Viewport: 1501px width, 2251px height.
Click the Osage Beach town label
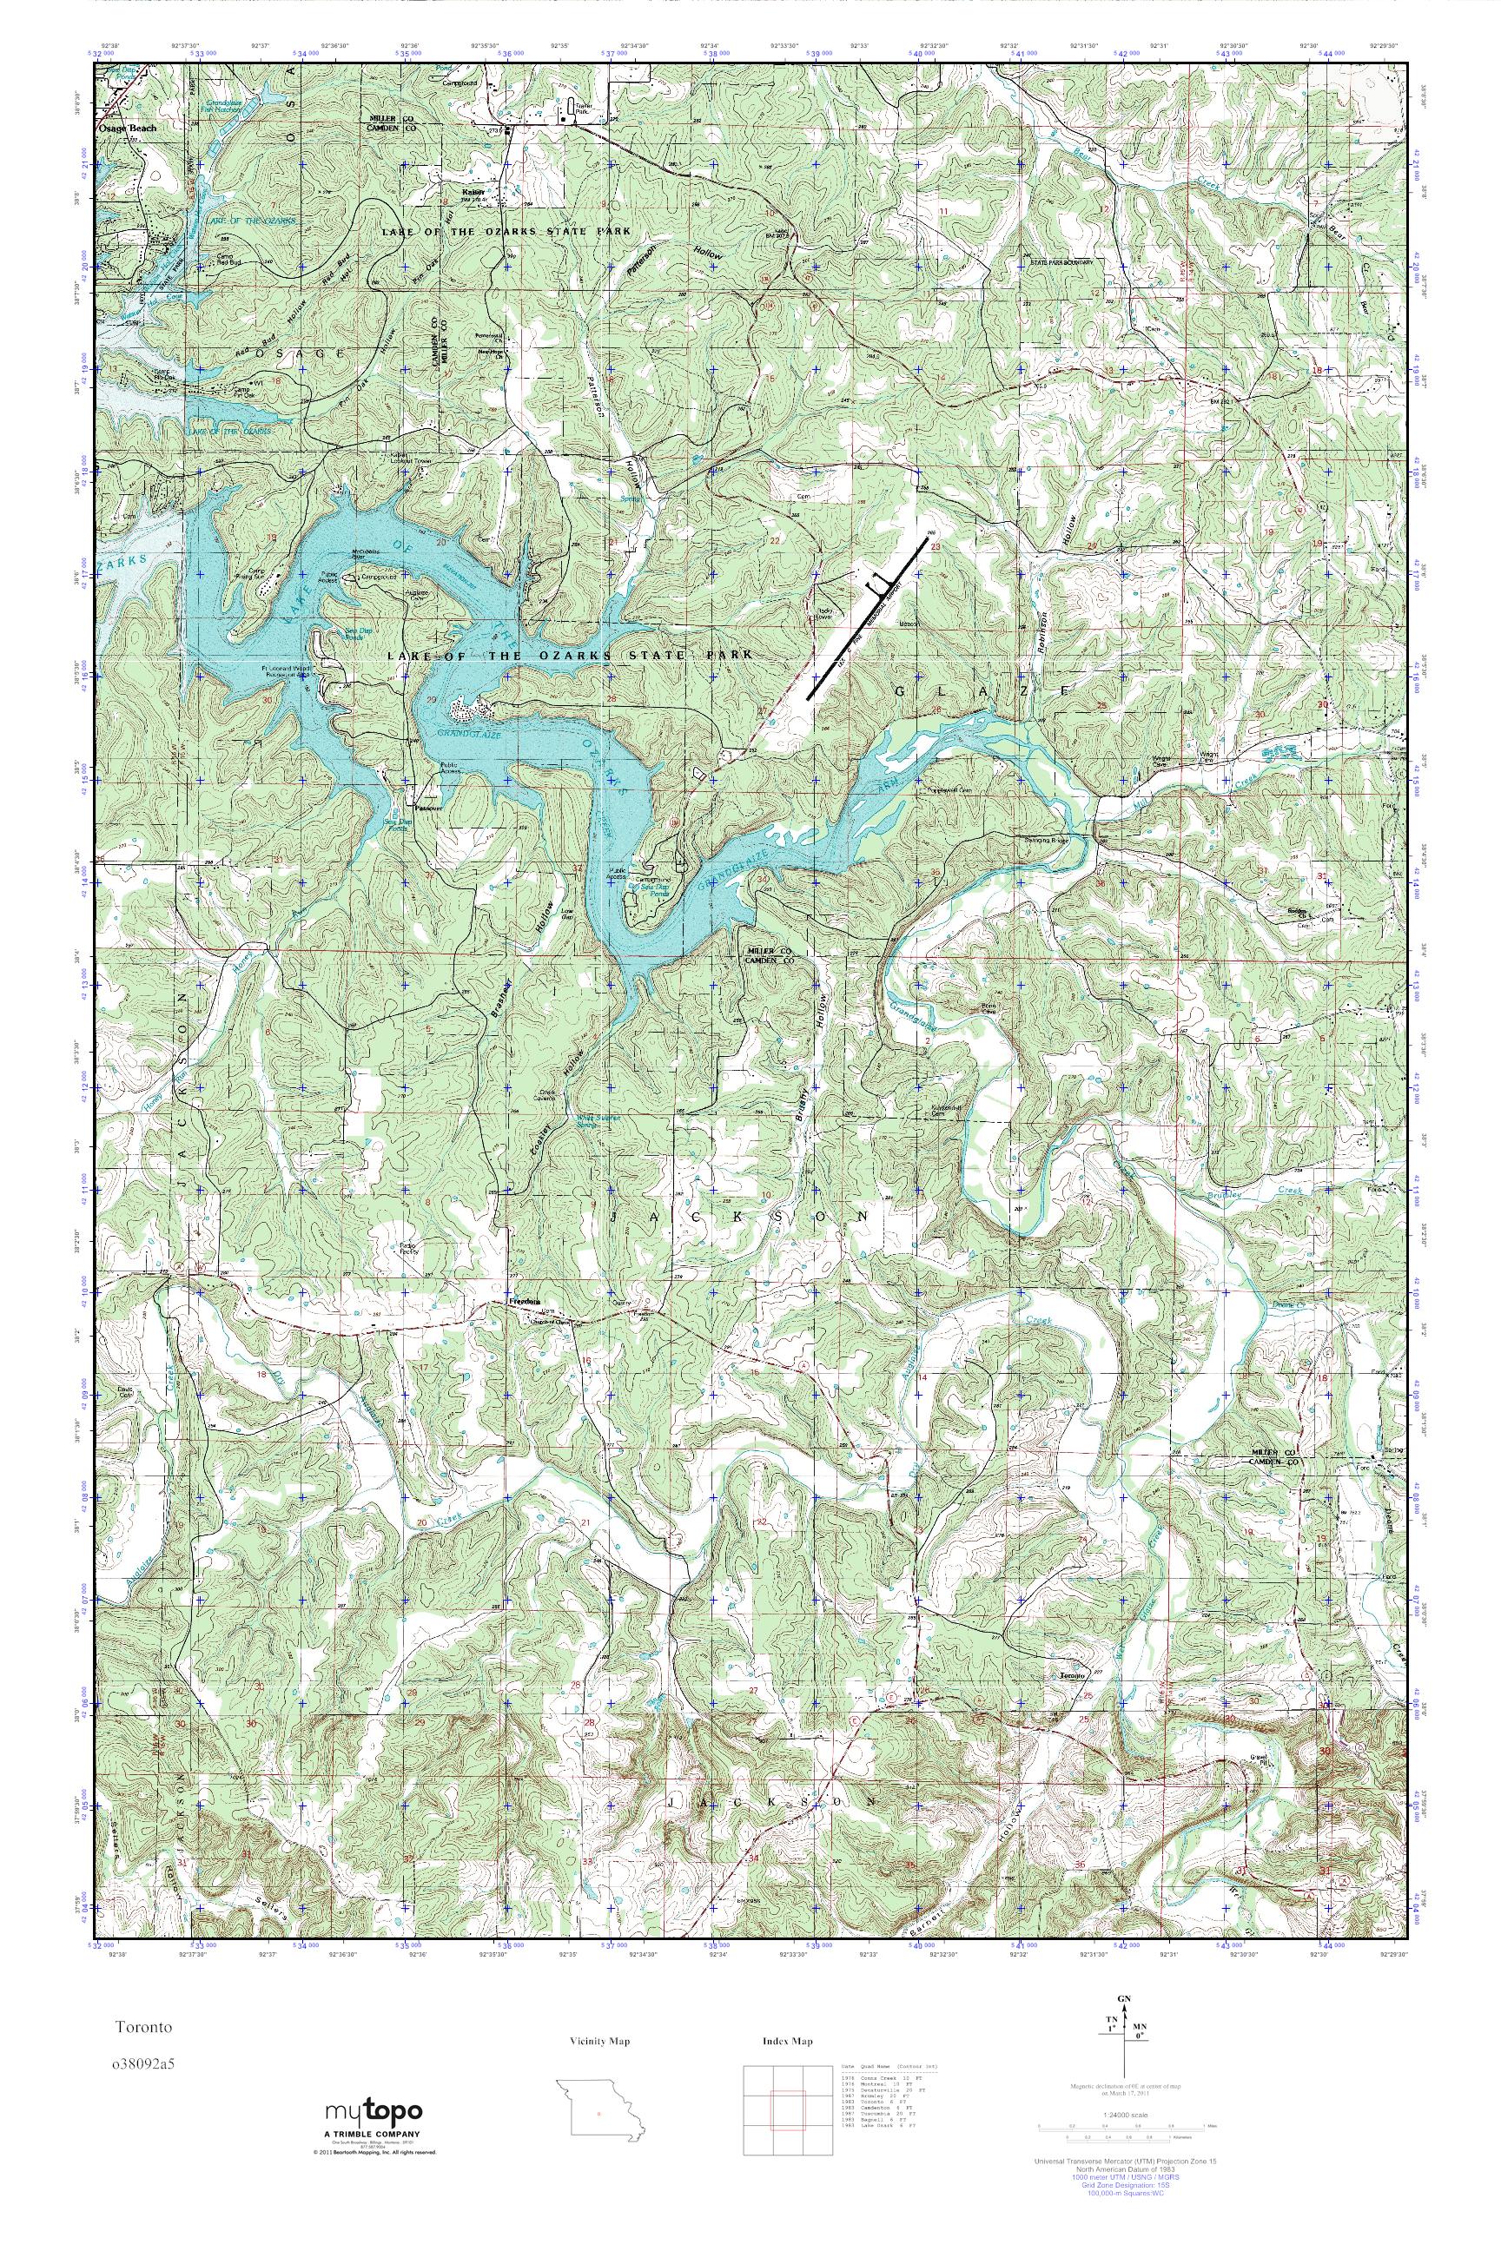pyautogui.click(x=132, y=125)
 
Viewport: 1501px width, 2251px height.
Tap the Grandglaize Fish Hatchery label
pyautogui.click(x=218, y=106)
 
